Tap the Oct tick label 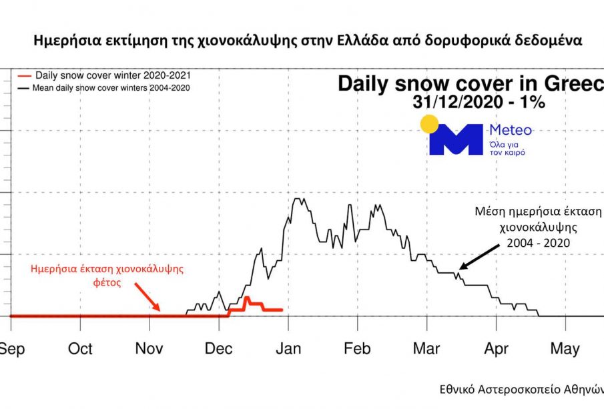[x=81, y=349]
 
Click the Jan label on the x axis [x=288, y=349]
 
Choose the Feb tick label [x=358, y=349]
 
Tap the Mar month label [x=426, y=349]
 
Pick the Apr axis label [x=496, y=349]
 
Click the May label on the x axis [x=565, y=349]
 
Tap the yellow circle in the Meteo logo [x=428, y=123]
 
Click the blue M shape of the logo [x=455, y=139]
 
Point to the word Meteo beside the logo [x=511, y=130]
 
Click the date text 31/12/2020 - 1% [x=470, y=103]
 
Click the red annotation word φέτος [x=106, y=282]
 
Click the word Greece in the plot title [x=575, y=84]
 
